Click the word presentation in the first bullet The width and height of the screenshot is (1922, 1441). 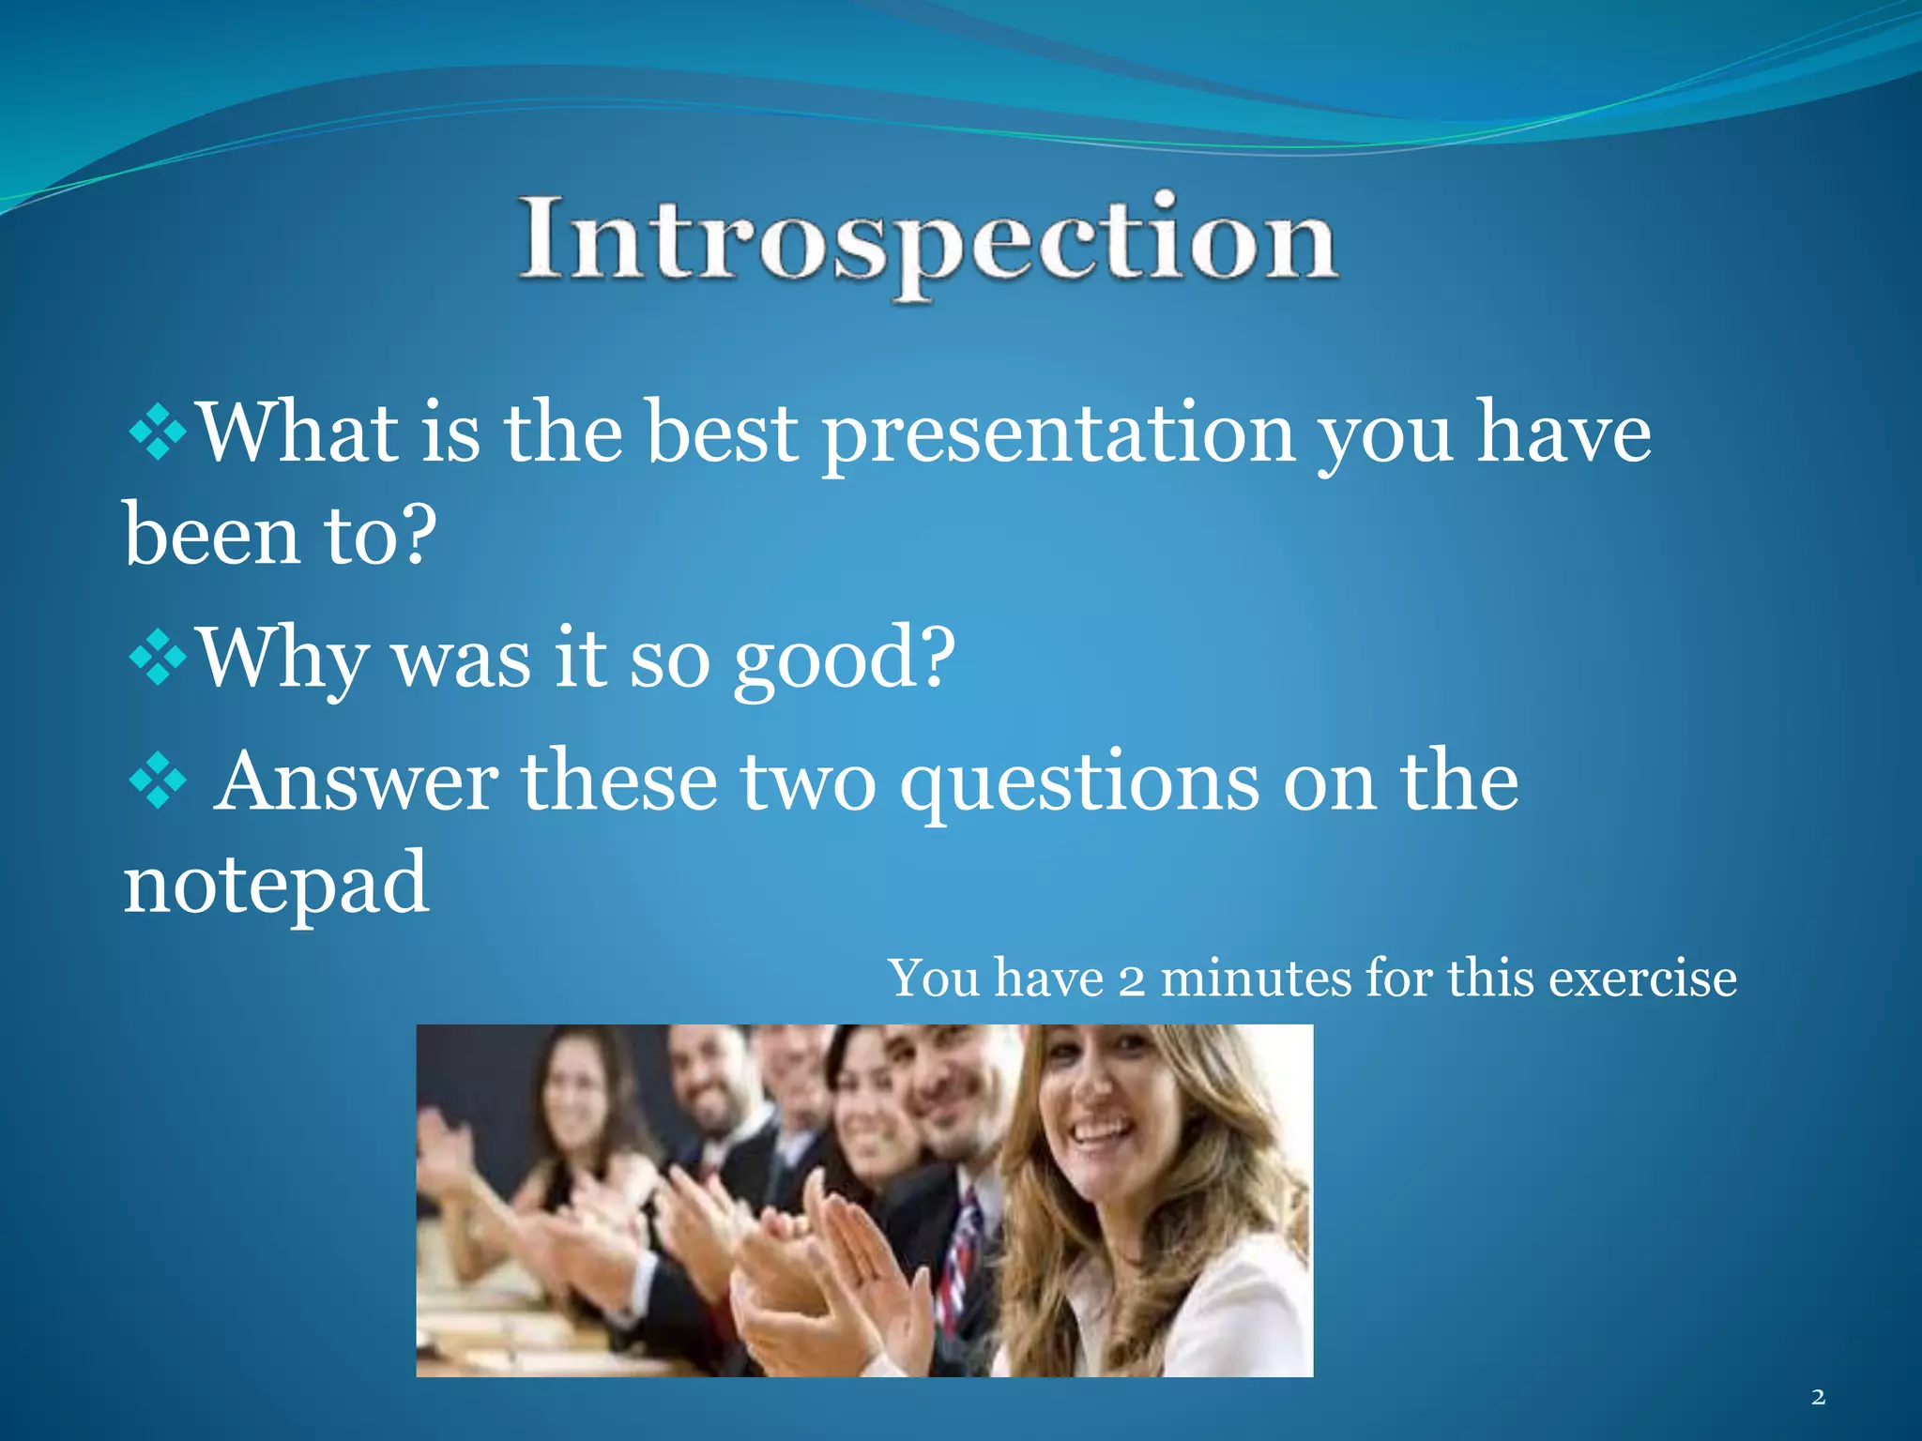(x=1059, y=435)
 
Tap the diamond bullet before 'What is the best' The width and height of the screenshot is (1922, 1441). (x=158, y=432)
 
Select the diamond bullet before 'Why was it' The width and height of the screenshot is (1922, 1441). (x=158, y=657)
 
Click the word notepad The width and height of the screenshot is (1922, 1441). (x=276, y=885)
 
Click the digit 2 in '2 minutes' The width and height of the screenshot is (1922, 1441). (x=1132, y=981)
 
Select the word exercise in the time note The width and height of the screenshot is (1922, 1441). (x=1642, y=978)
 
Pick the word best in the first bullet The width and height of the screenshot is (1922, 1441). (x=724, y=432)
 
